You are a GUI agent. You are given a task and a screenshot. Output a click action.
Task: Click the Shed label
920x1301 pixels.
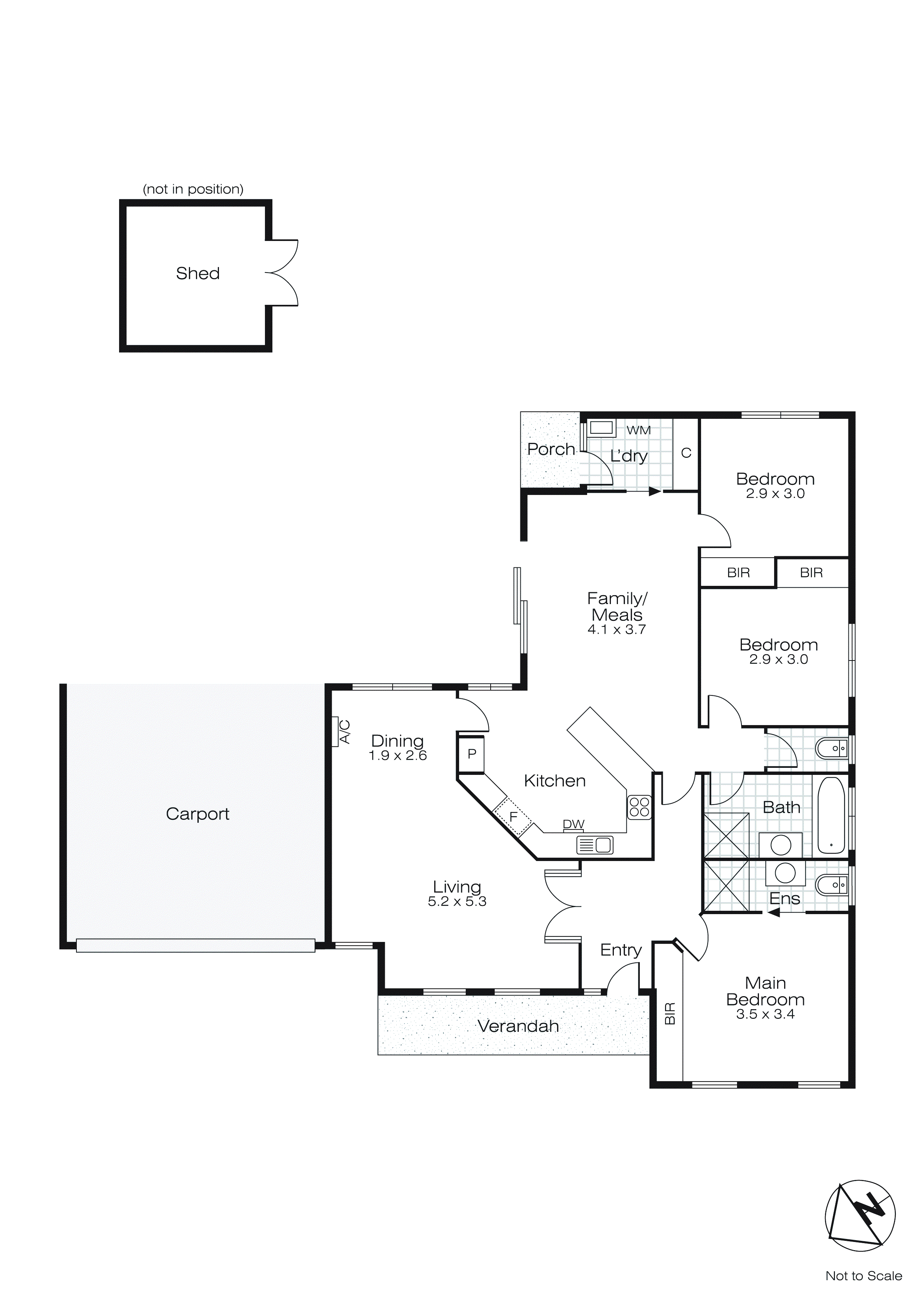click(x=198, y=274)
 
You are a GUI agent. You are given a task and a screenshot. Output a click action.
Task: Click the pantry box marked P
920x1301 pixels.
click(x=471, y=754)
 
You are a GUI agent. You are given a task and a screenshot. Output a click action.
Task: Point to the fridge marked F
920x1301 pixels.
click(x=513, y=817)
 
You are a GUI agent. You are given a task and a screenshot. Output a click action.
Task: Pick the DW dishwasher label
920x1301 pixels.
click(x=573, y=825)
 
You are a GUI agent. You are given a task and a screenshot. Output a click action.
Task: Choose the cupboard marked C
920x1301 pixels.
click(x=686, y=453)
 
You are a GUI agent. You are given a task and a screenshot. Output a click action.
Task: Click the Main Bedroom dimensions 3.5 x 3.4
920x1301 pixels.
click(x=765, y=1015)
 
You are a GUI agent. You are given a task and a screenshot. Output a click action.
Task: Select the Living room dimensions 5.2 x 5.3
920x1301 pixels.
click(x=457, y=901)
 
